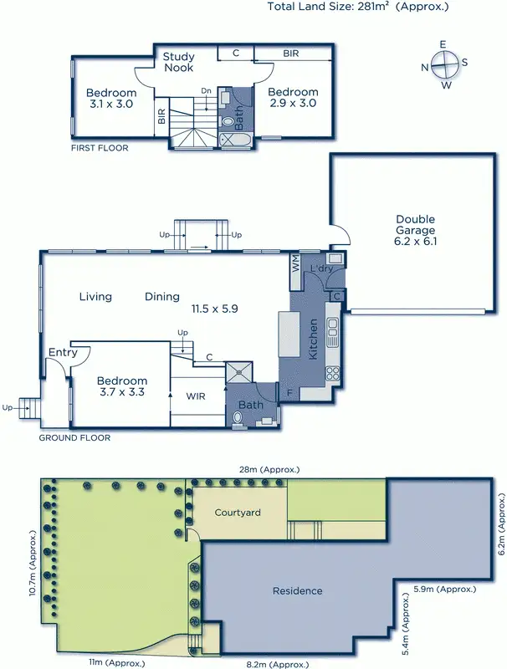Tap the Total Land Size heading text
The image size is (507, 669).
tap(357, 7)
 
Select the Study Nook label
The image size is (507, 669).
tap(178, 62)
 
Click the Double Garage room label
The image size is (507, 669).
tap(416, 229)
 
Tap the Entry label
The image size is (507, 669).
tap(63, 352)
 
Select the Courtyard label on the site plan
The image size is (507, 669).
tap(235, 512)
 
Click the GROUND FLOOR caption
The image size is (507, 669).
tap(74, 437)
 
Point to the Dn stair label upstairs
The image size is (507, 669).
tap(206, 89)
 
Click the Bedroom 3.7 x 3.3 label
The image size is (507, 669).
tap(124, 386)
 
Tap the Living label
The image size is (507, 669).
tap(95, 296)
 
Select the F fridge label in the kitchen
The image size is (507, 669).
tap(289, 391)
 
